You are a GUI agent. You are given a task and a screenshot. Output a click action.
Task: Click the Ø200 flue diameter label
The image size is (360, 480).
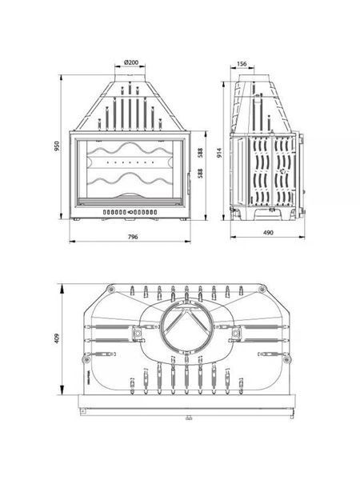(131, 62)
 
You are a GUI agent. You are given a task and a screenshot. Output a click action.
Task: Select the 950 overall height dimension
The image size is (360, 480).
(56, 147)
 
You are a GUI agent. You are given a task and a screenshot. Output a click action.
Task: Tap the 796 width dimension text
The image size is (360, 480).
(133, 237)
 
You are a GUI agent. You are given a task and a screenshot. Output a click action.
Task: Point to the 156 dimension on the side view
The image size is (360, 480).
(242, 64)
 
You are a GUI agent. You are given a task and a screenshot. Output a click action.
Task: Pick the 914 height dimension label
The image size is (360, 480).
(219, 153)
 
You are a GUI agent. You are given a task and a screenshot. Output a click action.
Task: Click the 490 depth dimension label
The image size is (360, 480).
(268, 233)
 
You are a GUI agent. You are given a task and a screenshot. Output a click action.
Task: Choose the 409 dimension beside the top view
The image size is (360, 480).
(57, 338)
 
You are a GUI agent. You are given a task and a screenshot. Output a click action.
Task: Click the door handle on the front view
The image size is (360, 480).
(189, 182)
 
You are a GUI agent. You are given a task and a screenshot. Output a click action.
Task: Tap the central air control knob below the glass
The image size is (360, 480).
(130, 212)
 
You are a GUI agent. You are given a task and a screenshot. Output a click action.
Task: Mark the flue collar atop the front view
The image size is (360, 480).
(130, 78)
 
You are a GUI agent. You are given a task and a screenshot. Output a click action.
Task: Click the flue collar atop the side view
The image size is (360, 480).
(246, 78)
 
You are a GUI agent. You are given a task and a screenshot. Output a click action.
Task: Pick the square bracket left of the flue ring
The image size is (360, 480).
(138, 333)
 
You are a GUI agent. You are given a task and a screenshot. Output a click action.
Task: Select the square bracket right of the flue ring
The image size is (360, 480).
(235, 333)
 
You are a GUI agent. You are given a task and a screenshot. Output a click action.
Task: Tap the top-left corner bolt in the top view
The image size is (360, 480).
(110, 289)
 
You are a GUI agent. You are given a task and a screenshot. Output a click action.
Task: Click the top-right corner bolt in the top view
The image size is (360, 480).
(262, 289)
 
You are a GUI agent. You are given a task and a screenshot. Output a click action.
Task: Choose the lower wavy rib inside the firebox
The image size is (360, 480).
(130, 179)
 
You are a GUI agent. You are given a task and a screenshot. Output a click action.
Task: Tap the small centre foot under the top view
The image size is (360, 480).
(189, 418)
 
